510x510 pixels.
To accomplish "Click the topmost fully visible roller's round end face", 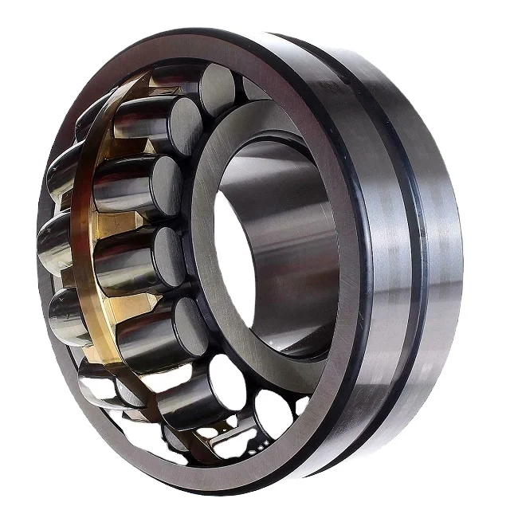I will point(217,88).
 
